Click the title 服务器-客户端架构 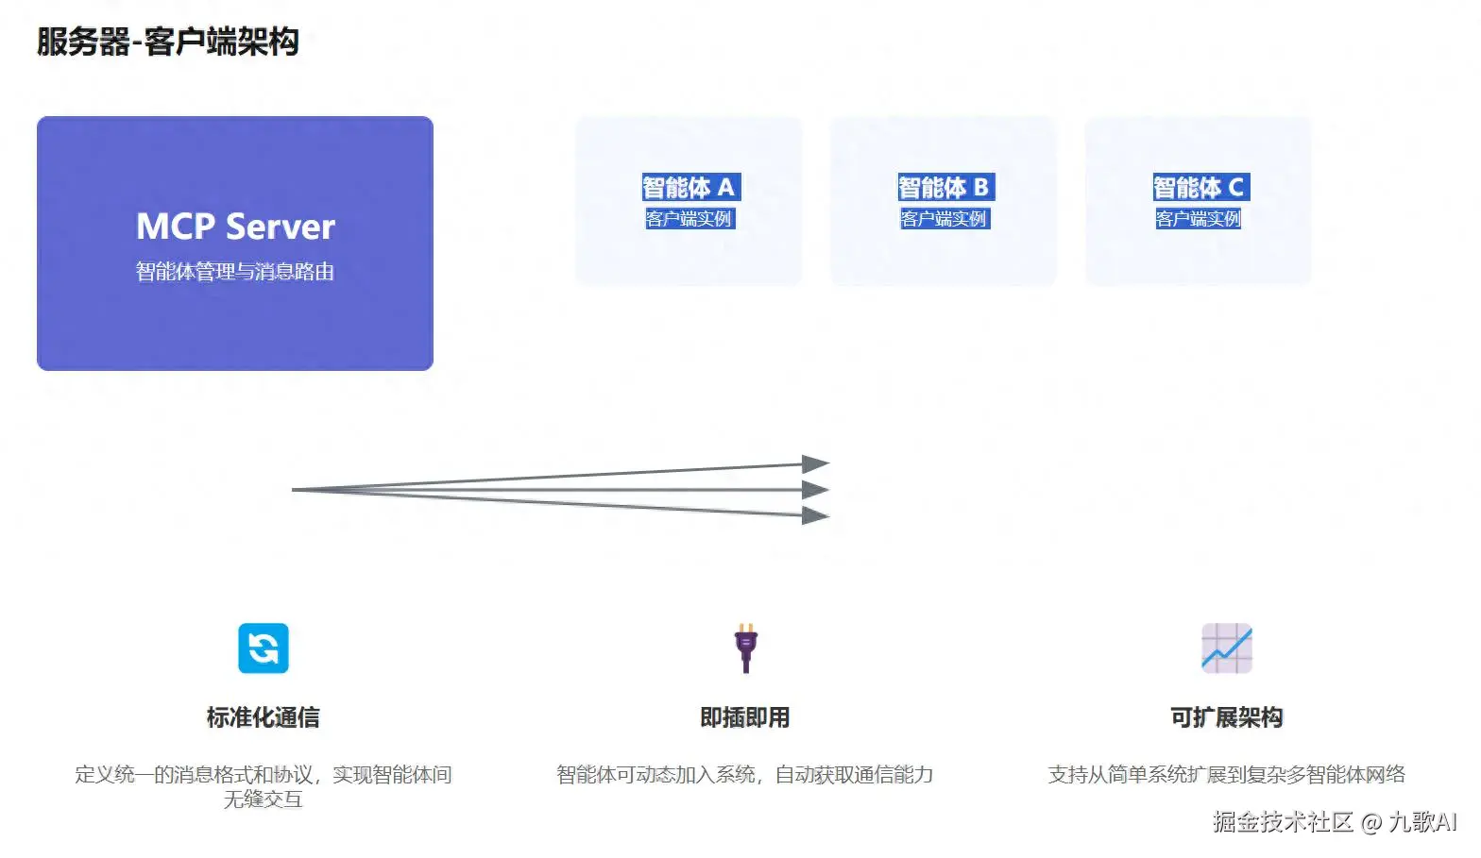pos(168,42)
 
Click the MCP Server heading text pos(235,227)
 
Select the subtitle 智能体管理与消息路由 pos(235,272)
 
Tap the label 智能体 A pos(689,188)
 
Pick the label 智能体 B pos(944,188)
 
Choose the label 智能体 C pos(1199,188)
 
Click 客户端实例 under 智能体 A pos(689,219)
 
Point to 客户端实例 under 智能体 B pos(944,219)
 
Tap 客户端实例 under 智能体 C pos(1199,219)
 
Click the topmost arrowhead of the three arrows pos(815,463)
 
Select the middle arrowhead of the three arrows pos(815,490)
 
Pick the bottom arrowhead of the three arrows pos(815,515)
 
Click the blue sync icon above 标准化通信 pos(264,648)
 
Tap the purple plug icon pos(745,648)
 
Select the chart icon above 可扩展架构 pos(1226,648)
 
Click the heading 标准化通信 pos(264,717)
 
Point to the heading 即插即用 pos(745,717)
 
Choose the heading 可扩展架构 pos(1226,717)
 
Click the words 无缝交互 pos(264,799)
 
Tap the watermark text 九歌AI pos(1422,822)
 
